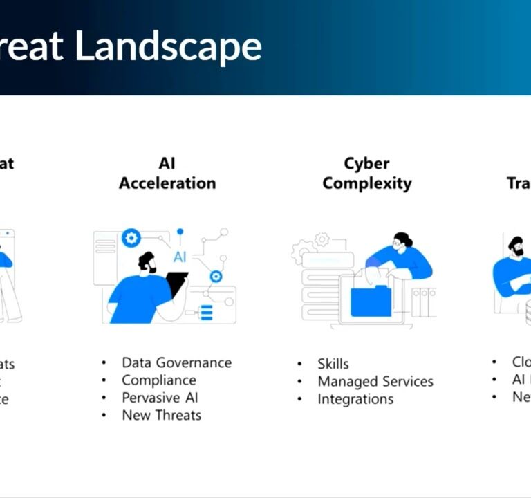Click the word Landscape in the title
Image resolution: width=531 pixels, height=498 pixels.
168,46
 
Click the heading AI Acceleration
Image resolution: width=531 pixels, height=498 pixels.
167,174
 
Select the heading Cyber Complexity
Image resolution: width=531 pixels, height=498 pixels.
366,174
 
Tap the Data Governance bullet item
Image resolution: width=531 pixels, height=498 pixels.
176,362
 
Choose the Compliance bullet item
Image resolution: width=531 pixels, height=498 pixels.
158,380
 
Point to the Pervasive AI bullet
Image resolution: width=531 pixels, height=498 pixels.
160,398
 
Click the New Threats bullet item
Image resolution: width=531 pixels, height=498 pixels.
161,415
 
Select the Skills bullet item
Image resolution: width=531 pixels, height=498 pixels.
333,364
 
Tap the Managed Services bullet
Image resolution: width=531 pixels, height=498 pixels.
375,381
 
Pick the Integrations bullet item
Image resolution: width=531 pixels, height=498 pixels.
355,399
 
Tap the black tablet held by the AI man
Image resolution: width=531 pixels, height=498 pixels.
177,284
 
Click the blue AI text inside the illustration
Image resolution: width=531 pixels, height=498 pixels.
180,257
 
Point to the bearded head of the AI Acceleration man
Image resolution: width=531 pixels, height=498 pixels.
147,262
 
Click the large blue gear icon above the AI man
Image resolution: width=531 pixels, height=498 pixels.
131,239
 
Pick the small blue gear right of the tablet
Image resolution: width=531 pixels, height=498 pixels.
216,276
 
